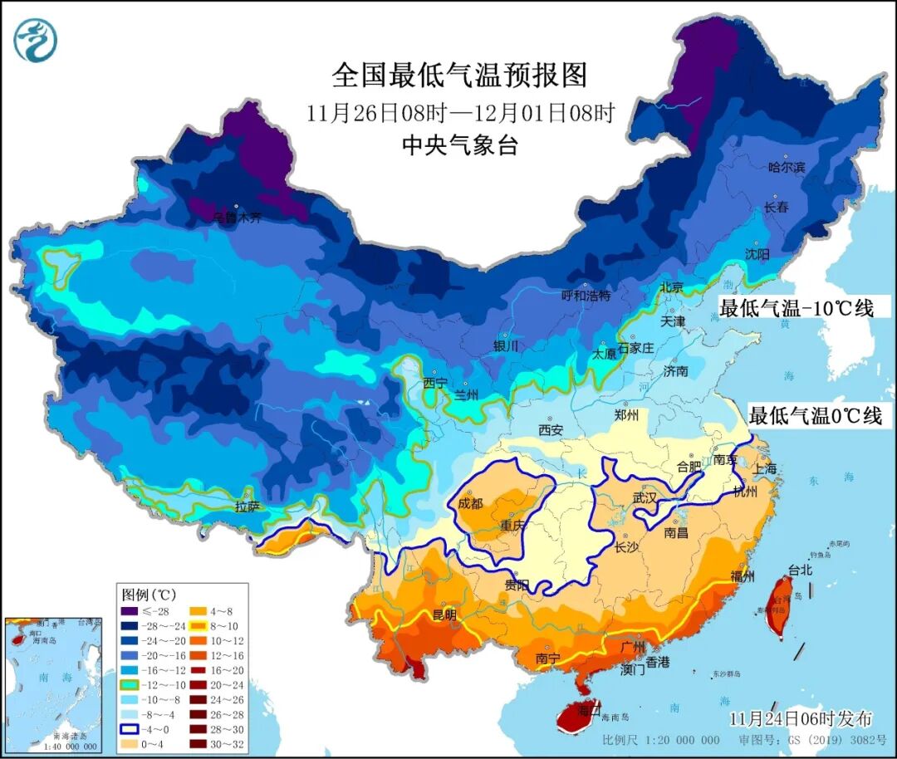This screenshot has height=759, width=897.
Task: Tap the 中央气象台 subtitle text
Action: [x=459, y=145]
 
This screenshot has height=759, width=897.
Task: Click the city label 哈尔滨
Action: [x=787, y=167]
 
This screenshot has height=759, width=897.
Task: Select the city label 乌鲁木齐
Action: [x=237, y=218]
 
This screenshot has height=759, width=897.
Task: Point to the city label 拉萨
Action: [x=248, y=505]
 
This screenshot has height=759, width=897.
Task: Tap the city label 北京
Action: [x=670, y=287]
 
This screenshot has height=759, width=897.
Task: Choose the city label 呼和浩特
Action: [x=586, y=296]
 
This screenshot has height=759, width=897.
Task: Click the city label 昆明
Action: [x=444, y=615]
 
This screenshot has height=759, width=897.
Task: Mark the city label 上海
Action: [x=764, y=468]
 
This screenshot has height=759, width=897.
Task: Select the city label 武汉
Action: [x=645, y=497]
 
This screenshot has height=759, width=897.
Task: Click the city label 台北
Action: [x=800, y=570]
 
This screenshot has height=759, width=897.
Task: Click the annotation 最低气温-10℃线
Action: [x=796, y=308]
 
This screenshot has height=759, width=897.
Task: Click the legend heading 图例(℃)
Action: [x=149, y=595]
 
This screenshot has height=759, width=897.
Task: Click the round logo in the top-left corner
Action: [x=35, y=38]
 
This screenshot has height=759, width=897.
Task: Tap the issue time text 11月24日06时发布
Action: [x=801, y=718]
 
